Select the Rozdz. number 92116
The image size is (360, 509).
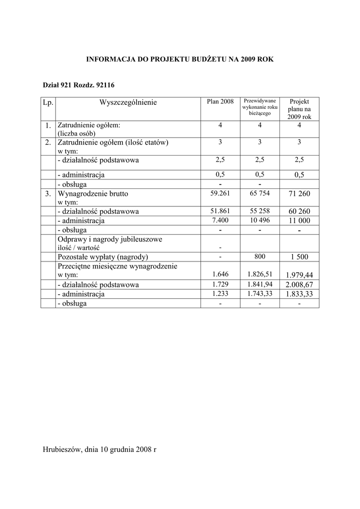click(107, 85)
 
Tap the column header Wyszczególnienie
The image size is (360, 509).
click(128, 103)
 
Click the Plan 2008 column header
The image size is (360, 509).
click(220, 102)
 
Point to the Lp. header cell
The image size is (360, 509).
click(48, 102)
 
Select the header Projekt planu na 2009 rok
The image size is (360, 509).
click(299, 109)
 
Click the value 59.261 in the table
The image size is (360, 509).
click(220, 193)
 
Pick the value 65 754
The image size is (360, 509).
click(260, 193)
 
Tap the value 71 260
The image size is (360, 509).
click(299, 193)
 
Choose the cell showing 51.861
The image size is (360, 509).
click(220, 211)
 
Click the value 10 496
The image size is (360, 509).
click(260, 220)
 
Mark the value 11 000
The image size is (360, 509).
click(299, 220)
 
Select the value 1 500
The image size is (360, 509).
click(299, 257)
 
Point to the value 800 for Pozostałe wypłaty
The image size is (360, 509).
click(260, 256)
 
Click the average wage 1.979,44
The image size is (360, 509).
click(299, 275)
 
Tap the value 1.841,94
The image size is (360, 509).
click(260, 284)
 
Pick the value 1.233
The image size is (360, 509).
click(220, 293)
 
